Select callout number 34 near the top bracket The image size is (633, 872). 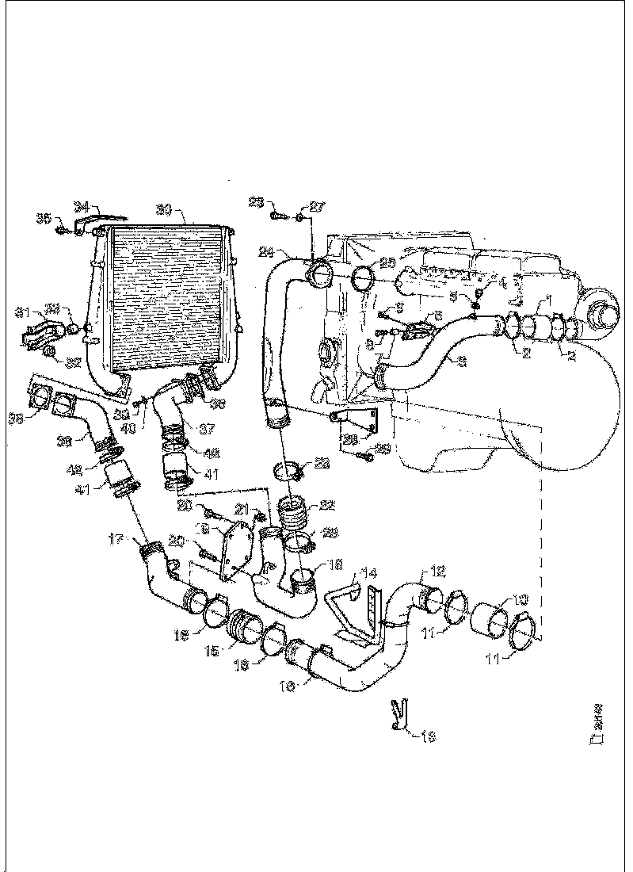pos(82,207)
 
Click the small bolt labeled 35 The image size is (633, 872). pos(61,231)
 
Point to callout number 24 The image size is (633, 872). pos(265,253)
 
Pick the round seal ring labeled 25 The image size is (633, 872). pos(364,279)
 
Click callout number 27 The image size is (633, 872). pos(316,207)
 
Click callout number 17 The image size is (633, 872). pos(116,541)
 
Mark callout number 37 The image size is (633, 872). pos(205,429)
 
